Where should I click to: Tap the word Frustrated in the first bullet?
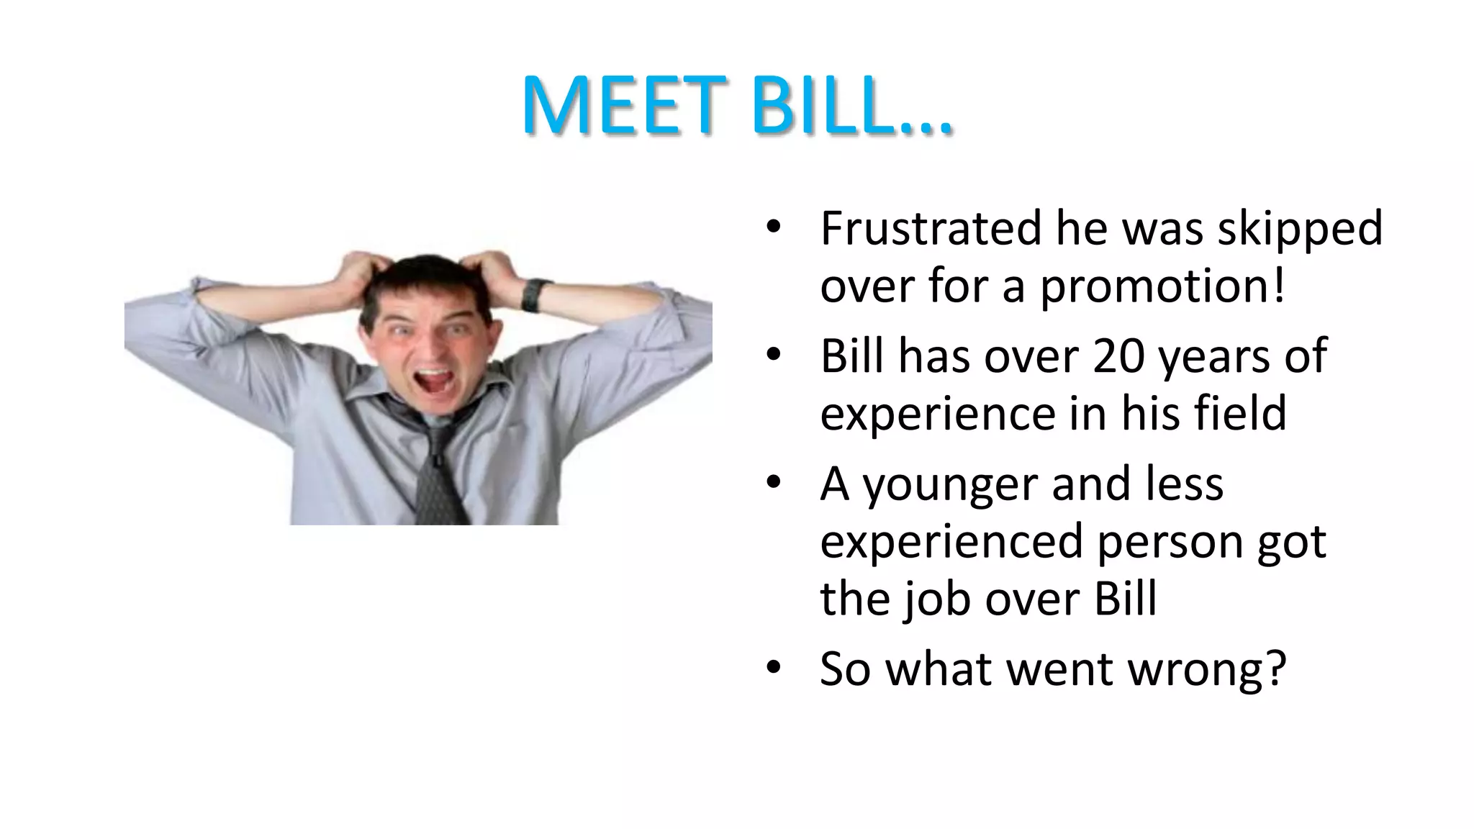pyautogui.click(x=930, y=229)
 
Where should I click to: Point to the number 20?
pyautogui.click(x=1118, y=356)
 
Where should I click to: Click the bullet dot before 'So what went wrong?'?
pyautogui.click(x=773, y=668)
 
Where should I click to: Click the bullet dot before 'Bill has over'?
pyautogui.click(x=773, y=355)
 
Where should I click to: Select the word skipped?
pyautogui.click(x=1300, y=229)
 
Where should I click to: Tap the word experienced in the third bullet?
pyautogui.click(x=951, y=543)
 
